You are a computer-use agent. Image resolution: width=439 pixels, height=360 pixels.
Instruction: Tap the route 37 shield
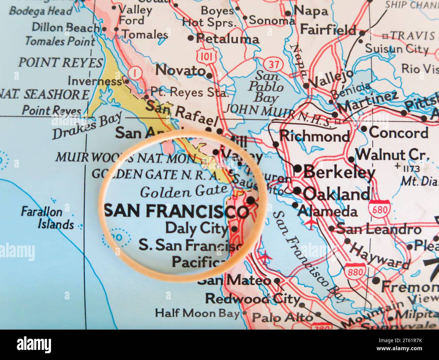[x=270, y=63]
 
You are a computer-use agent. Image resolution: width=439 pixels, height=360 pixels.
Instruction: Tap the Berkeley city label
[x=339, y=172]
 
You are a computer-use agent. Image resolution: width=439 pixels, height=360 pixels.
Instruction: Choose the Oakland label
[x=336, y=194]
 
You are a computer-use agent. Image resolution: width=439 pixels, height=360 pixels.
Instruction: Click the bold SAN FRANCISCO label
[x=177, y=211]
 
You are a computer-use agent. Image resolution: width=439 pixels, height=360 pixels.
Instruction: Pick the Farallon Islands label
[x=47, y=218]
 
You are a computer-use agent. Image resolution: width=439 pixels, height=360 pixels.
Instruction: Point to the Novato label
[x=181, y=70]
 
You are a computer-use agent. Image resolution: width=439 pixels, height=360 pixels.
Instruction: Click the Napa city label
[x=311, y=11]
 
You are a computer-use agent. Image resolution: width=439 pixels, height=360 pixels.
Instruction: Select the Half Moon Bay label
[x=197, y=313]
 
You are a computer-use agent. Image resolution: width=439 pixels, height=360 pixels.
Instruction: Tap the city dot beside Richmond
[x=276, y=144]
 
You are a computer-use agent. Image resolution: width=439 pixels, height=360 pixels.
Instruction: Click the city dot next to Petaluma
[x=191, y=38]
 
